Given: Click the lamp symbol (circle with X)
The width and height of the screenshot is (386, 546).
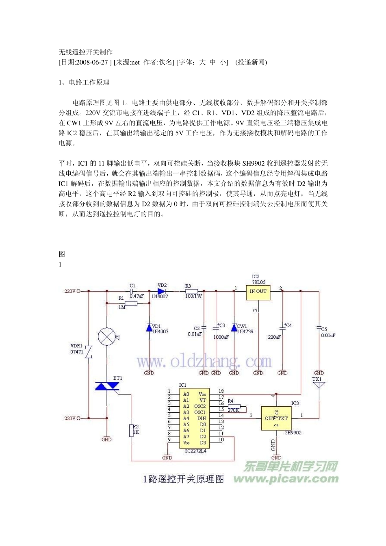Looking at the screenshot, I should [106, 337].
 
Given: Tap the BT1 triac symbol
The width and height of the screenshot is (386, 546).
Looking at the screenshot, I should [106, 386].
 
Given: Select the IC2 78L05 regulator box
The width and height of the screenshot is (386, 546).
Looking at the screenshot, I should [258, 291].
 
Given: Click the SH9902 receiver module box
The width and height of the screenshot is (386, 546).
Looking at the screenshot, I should [276, 418].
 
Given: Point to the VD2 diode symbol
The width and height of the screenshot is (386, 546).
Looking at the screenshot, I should [162, 291].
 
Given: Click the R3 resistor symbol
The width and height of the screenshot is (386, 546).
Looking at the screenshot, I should [191, 291].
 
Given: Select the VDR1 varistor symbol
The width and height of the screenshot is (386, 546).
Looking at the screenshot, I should [88, 352].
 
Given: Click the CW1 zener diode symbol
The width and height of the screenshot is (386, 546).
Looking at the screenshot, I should [234, 327].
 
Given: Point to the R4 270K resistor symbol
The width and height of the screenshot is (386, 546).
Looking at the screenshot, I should [234, 406].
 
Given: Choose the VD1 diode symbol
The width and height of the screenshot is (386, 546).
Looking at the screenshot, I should [149, 327].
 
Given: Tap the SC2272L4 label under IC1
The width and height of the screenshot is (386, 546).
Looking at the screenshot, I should [195, 451].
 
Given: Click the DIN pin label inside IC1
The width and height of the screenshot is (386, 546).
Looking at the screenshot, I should [202, 418].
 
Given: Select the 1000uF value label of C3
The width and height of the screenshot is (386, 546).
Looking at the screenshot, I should [221, 337].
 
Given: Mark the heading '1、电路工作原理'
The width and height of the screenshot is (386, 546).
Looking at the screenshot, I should [84, 82].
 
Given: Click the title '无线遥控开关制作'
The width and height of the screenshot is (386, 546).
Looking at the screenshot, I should [86, 52].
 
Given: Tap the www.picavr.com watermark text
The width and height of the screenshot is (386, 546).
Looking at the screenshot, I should [286, 479].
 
